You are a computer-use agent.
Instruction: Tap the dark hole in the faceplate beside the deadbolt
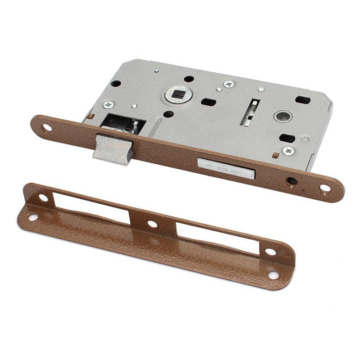pyautogui.click(x=291, y=181)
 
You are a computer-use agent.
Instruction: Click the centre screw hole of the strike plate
pyautogui.click(x=152, y=224)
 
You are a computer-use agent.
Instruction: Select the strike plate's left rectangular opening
pyautogui.click(x=92, y=208)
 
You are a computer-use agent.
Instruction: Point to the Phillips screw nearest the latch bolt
pyautogui.click(x=108, y=105)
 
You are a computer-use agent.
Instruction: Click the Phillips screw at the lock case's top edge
pyautogui.click(x=229, y=84)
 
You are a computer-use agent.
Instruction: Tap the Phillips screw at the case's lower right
pyautogui.click(x=288, y=151)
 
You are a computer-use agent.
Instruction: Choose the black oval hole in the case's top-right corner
pyautogui.click(x=303, y=99)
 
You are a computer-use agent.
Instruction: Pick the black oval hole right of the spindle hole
pyautogui.click(x=208, y=102)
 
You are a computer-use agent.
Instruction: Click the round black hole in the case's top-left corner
pyautogui.click(x=116, y=84)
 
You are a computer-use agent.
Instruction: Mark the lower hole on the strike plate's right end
pyautogui.click(x=273, y=273)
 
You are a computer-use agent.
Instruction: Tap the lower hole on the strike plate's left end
pyautogui.click(x=32, y=217)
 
